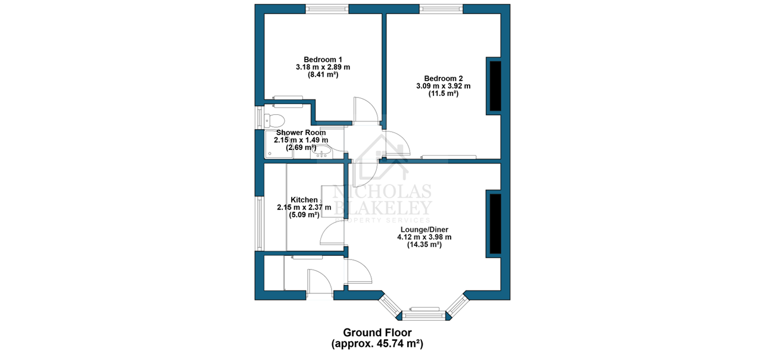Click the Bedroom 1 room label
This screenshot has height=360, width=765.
click(x=323, y=60)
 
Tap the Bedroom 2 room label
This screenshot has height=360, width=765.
click(x=444, y=79)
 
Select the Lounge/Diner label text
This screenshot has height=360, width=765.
click(x=424, y=230)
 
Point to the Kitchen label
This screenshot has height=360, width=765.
click(x=304, y=200)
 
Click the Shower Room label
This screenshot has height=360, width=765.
click(x=301, y=133)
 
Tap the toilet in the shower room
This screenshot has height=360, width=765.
click(x=274, y=120)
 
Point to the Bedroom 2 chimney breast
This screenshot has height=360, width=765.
click(x=495, y=86)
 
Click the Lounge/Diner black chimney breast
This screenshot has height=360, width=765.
click(x=495, y=224)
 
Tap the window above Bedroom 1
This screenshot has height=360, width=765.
click(x=327, y=9)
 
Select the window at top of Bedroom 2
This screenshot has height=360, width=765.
click(x=441, y=9)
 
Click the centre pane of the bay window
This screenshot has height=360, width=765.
click(x=424, y=316)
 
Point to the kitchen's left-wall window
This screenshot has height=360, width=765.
click(x=260, y=224)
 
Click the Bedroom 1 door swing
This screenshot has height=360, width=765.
click(x=366, y=110)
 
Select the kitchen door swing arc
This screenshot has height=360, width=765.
click(x=332, y=233)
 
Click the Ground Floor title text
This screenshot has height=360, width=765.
click(x=377, y=333)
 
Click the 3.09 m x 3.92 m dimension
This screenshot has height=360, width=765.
click(x=444, y=86)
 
